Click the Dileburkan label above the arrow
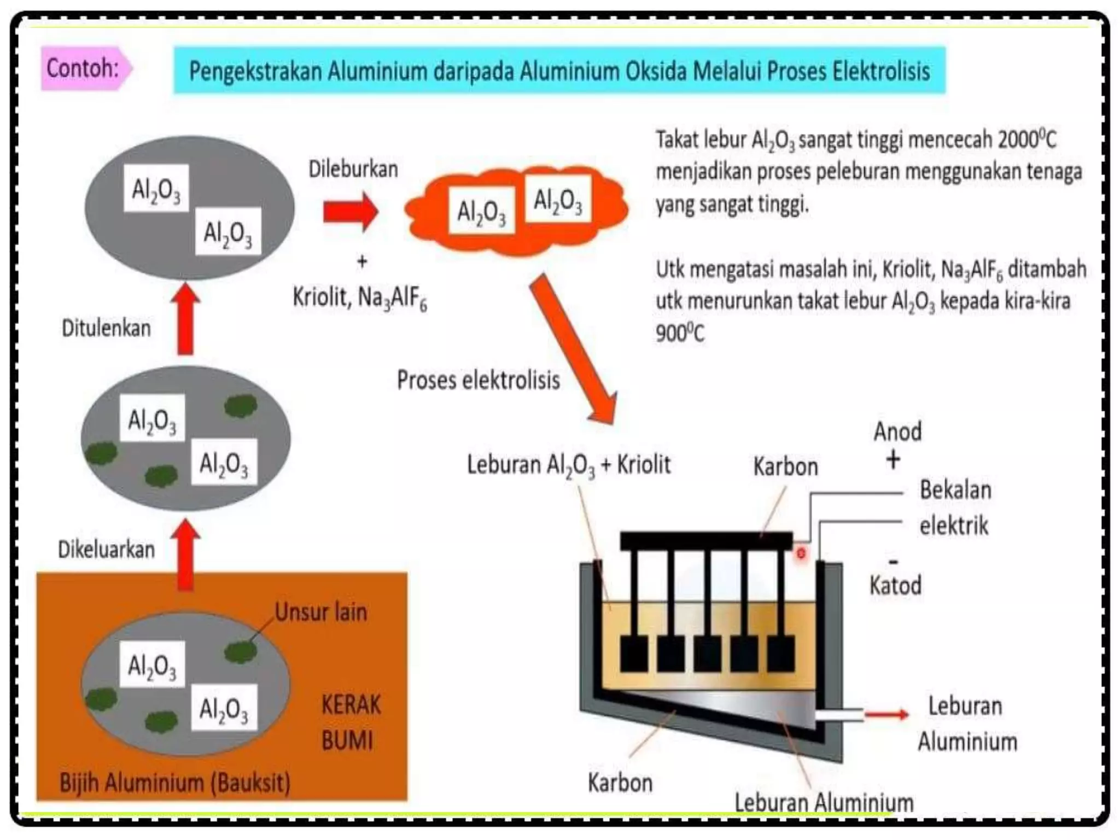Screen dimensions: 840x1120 coord(353,169)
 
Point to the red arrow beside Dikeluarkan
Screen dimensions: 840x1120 coord(185,555)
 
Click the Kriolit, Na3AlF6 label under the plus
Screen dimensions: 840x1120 coord(359,299)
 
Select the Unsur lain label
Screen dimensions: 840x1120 coord(320,612)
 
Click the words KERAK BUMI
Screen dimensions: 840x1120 coord(350,722)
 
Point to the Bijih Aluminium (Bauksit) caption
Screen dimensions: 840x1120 coord(174,783)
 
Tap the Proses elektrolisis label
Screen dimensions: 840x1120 coord(478,380)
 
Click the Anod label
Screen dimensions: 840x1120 coord(897,431)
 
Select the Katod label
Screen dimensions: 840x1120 coord(895,585)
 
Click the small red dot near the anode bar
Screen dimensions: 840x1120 coord(801,553)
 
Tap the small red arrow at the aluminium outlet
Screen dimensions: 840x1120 coord(886,714)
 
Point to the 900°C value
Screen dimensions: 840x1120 coord(680,332)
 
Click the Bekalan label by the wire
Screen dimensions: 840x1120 coord(955,489)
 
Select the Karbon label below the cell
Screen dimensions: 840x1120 coord(620,783)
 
